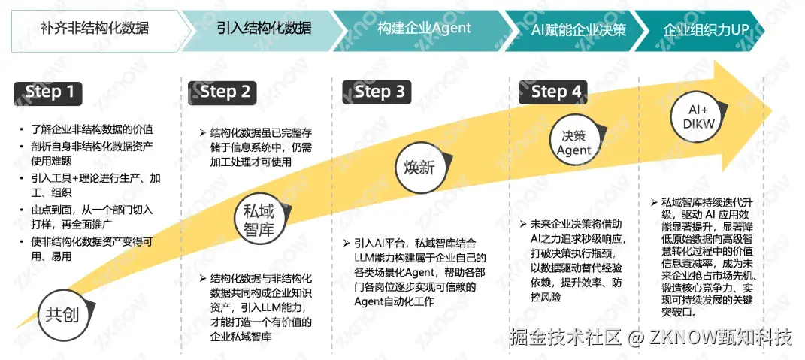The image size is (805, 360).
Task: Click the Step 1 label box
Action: click(x=50, y=92)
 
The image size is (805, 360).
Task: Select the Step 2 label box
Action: click(x=225, y=92)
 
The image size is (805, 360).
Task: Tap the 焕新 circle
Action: click(x=419, y=167)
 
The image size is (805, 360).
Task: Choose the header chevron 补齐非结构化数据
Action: click(x=94, y=29)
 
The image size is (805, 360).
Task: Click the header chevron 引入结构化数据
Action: click(x=263, y=29)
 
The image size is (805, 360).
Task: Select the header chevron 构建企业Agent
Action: click(x=425, y=29)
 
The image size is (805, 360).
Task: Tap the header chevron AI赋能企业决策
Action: click(x=578, y=30)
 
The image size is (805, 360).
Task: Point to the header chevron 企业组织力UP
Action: click(x=707, y=30)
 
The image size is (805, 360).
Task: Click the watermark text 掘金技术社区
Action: click(x=564, y=336)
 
